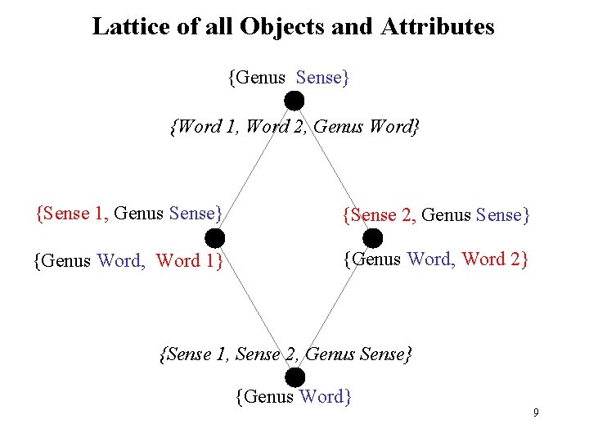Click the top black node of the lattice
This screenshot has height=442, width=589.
294,101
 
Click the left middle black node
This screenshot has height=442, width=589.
214,238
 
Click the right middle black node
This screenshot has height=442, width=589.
372,238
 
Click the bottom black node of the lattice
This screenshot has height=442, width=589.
294,377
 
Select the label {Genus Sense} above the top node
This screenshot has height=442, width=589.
289,78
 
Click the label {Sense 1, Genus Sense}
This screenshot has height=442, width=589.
129,214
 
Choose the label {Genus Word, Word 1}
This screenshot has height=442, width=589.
128,261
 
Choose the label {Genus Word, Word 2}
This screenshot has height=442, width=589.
436,259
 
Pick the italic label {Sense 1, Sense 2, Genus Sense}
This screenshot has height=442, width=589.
287,354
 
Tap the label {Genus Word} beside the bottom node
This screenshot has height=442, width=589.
294,397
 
